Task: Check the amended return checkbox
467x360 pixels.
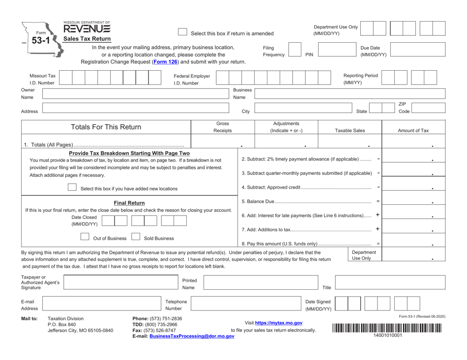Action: [x=182, y=32]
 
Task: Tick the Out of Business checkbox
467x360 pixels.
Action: [x=86, y=236]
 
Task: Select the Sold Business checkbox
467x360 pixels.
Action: [x=136, y=236]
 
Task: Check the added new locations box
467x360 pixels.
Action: [x=72, y=188]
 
